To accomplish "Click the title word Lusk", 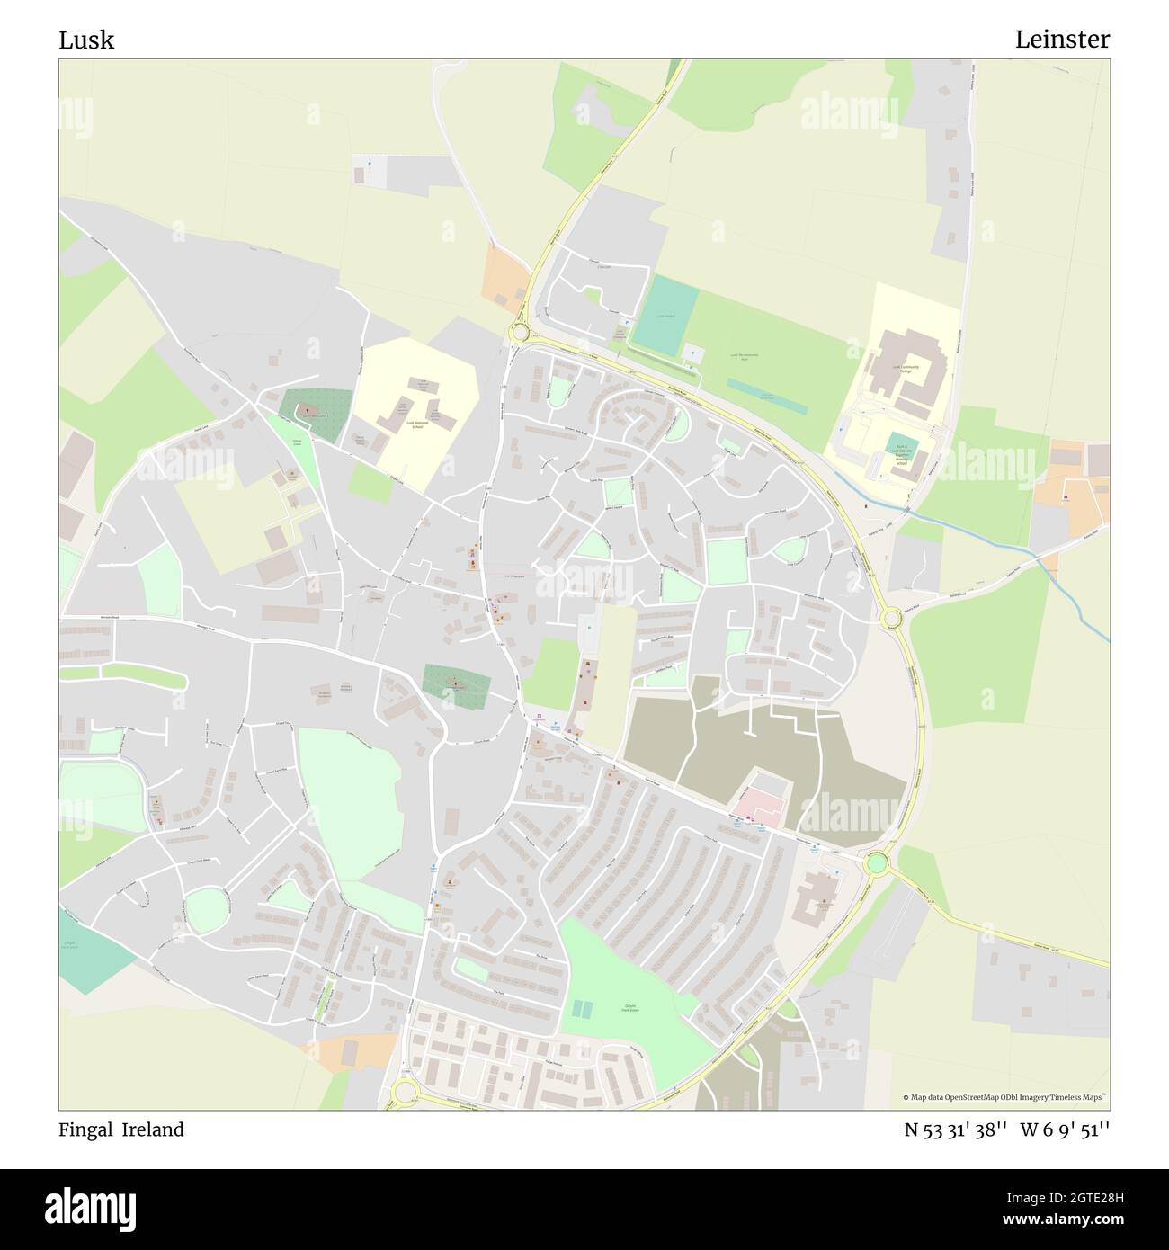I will [x=86, y=40].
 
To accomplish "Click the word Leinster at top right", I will [x=1062, y=40].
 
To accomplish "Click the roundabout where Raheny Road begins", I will [x=891, y=618].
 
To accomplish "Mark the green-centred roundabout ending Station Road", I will [x=876, y=864].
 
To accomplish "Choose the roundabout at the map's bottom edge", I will [x=404, y=1092].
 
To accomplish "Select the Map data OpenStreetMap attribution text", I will [x=1005, y=1097].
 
